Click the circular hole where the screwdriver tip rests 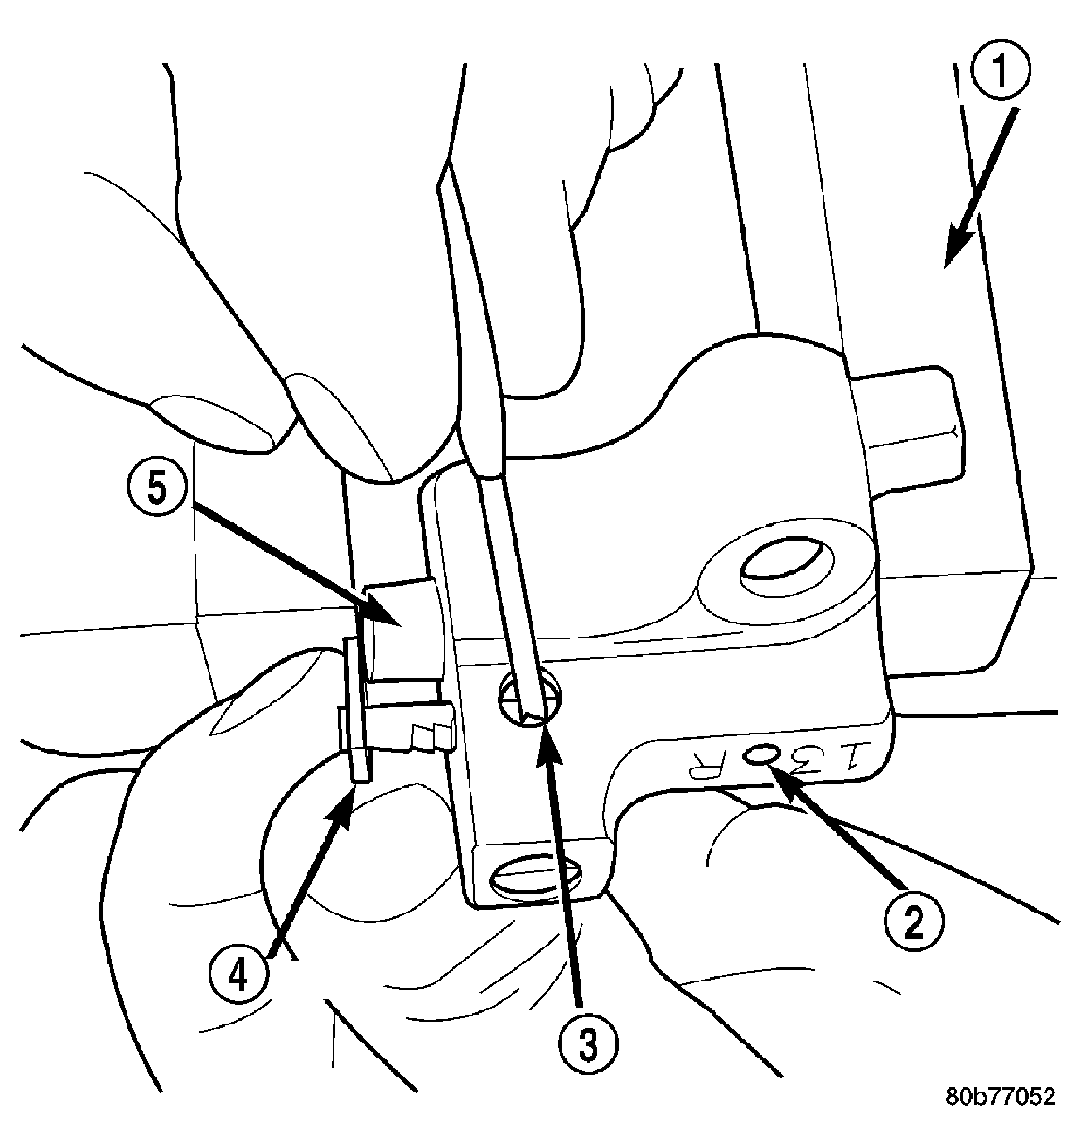(x=529, y=699)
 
